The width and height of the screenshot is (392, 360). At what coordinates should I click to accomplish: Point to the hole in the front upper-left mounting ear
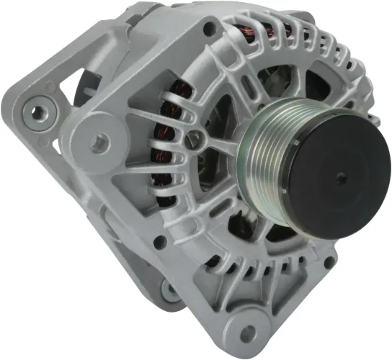[x=98, y=143]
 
